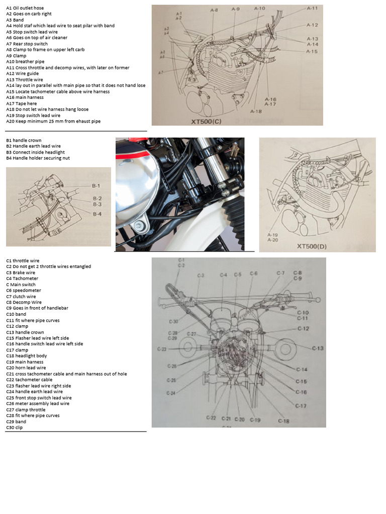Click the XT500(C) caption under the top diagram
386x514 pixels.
point(208,121)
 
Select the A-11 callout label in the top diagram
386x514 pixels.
point(312,9)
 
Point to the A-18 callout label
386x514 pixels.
point(256,111)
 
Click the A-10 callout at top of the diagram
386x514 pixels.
point(259,9)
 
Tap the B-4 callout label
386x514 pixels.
point(97,214)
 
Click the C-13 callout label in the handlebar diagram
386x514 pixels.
point(318,348)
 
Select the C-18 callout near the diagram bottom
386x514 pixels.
point(283,421)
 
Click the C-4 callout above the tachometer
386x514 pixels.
point(223,275)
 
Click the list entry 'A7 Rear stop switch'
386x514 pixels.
point(27,44)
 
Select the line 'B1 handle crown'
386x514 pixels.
point(24,141)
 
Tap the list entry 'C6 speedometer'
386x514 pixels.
point(24,291)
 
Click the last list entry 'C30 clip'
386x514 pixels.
point(15,428)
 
